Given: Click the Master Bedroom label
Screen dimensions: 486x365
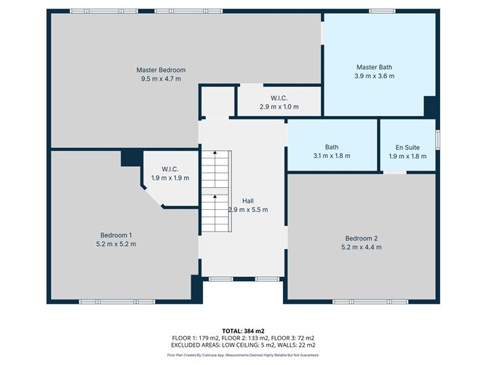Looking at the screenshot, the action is (x=161, y=70).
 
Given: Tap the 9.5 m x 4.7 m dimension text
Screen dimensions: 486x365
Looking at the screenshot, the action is (x=161, y=79).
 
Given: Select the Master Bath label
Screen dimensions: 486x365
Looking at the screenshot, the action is (x=374, y=67).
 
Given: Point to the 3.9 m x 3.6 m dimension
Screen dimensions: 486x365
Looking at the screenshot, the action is (x=375, y=76).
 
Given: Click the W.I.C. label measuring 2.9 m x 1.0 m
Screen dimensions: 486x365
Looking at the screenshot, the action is (x=279, y=98).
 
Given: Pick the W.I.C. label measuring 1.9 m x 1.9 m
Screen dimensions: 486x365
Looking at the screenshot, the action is (x=170, y=169).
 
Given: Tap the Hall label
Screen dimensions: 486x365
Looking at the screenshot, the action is (x=248, y=201).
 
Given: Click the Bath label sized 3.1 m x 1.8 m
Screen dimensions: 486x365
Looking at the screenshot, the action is (x=332, y=147).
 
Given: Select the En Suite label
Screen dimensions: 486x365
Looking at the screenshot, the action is (x=407, y=147).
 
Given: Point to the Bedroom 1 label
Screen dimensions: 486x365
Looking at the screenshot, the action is (x=116, y=235).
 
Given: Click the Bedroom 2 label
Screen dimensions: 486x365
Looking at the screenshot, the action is (x=362, y=238).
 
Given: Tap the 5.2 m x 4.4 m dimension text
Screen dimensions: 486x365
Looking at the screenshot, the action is (x=362, y=247).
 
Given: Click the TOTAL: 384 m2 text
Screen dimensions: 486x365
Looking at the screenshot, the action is (x=243, y=331).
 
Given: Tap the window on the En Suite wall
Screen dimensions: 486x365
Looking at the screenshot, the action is (x=438, y=140).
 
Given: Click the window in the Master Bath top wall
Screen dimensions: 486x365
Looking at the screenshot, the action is (x=382, y=11).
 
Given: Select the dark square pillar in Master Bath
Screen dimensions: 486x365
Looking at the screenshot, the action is (x=430, y=107).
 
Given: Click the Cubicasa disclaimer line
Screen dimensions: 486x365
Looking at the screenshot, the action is (x=243, y=355).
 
